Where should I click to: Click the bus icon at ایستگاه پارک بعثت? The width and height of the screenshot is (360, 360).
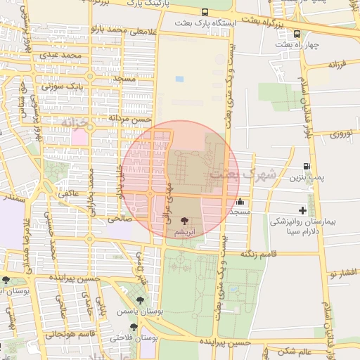205,13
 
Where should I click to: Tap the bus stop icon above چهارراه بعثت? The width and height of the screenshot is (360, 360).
297,34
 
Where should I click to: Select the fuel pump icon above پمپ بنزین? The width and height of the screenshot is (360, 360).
306,167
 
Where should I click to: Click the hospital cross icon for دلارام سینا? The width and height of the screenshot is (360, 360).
302,210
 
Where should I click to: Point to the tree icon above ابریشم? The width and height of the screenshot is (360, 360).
184,221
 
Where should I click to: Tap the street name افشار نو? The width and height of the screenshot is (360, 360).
345,271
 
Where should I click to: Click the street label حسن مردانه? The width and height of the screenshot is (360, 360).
130,119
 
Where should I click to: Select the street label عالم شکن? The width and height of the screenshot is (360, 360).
295,351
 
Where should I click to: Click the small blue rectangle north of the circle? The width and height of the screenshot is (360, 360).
179,79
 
